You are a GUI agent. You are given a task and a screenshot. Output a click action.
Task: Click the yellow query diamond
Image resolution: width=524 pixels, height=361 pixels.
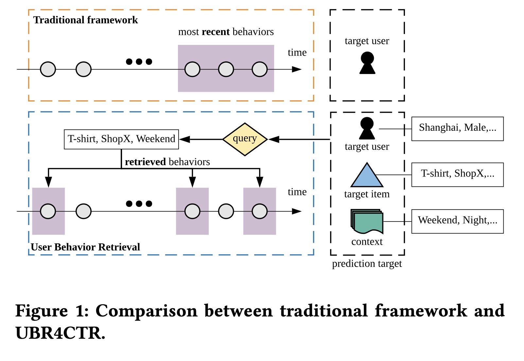(x=245, y=139)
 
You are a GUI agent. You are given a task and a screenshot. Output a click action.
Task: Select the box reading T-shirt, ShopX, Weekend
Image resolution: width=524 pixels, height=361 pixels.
(x=121, y=139)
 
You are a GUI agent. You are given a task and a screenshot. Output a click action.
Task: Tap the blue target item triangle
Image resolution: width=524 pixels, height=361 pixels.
(x=367, y=176)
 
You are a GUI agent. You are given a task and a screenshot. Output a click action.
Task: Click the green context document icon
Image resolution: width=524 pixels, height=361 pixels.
(x=367, y=221)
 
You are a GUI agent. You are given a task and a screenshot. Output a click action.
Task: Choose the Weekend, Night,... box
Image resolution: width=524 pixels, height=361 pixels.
(x=457, y=221)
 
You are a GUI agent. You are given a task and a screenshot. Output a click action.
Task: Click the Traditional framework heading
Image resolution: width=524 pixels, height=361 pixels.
(x=86, y=20)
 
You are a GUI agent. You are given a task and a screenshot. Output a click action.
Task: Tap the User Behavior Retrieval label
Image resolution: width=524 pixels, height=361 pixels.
(x=85, y=247)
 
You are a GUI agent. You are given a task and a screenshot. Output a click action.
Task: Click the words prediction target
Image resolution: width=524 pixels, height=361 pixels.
(x=367, y=264)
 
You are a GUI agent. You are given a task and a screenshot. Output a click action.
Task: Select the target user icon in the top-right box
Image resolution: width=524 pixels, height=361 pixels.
(x=367, y=63)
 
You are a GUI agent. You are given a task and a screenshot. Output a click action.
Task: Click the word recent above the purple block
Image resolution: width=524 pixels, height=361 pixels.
(x=216, y=32)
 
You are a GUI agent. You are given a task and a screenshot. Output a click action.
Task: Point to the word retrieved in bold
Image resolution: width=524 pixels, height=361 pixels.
(x=145, y=162)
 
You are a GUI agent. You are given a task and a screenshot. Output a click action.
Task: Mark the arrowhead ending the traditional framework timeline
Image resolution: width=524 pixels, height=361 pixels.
(x=297, y=69)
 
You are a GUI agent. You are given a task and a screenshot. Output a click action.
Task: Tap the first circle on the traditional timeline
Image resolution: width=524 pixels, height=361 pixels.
(x=48, y=69)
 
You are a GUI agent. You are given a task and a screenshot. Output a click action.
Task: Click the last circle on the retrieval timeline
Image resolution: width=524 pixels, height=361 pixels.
(x=260, y=211)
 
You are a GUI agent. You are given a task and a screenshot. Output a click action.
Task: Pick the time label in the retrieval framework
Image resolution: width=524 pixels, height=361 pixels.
(x=297, y=192)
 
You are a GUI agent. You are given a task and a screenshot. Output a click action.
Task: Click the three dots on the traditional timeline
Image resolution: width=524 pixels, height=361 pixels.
(x=139, y=62)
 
